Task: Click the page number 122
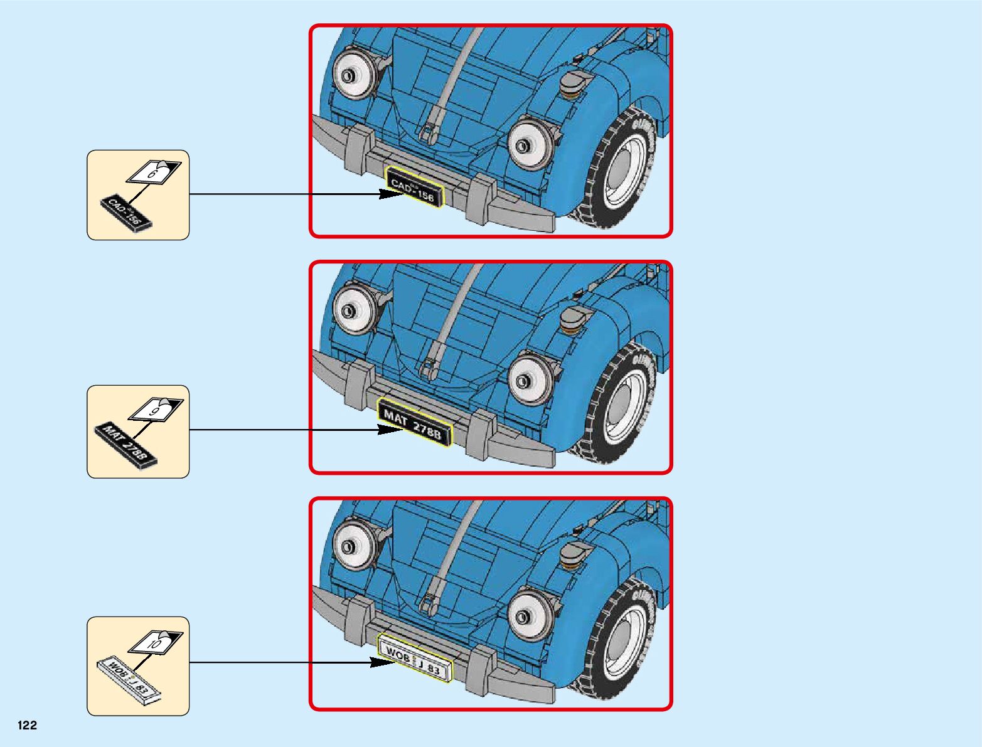[x=28, y=725]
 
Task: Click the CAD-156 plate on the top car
[x=414, y=187]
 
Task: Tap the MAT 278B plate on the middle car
[x=415, y=422]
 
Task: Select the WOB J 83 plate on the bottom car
[x=414, y=659]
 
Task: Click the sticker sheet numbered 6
[x=154, y=171]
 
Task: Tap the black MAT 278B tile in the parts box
[x=125, y=444]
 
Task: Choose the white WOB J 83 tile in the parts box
[x=130, y=682]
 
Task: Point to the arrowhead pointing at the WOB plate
[x=382, y=662]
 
